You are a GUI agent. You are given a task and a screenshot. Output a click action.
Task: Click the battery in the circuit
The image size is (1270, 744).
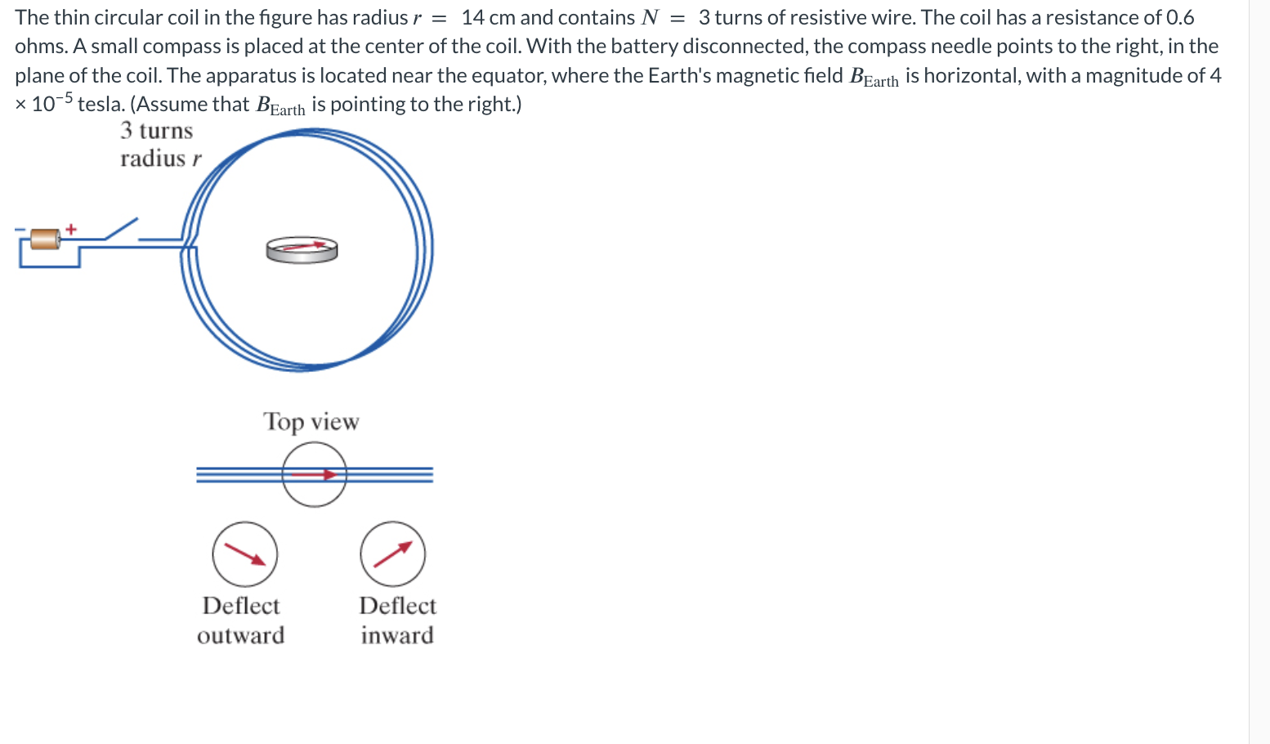point(45,240)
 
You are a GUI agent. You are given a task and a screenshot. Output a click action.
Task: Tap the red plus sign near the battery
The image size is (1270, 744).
point(71,229)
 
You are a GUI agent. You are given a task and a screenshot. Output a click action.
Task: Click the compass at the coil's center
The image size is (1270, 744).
point(302,249)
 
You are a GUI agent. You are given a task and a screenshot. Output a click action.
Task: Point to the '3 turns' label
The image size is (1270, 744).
point(156,131)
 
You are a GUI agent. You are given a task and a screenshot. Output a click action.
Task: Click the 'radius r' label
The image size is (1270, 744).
point(160,159)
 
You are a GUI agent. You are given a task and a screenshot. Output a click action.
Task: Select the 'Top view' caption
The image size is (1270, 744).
point(311,422)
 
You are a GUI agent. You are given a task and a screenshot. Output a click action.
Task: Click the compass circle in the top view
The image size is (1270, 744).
point(315,474)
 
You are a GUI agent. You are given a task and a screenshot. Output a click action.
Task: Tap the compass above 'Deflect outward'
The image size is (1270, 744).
point(245,554)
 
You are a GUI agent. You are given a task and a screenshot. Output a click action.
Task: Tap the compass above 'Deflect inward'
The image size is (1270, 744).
point(393,554)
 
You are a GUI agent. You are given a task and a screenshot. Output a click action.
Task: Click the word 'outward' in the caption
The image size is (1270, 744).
point(240,635)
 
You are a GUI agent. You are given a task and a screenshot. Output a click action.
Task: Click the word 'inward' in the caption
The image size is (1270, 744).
point(397,635)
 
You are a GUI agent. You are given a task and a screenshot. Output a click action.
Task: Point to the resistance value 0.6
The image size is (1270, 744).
point(1179,17)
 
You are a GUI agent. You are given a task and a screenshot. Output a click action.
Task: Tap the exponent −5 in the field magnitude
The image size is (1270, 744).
point(65,98)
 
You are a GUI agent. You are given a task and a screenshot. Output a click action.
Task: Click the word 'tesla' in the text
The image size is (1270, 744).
point(100,105)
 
